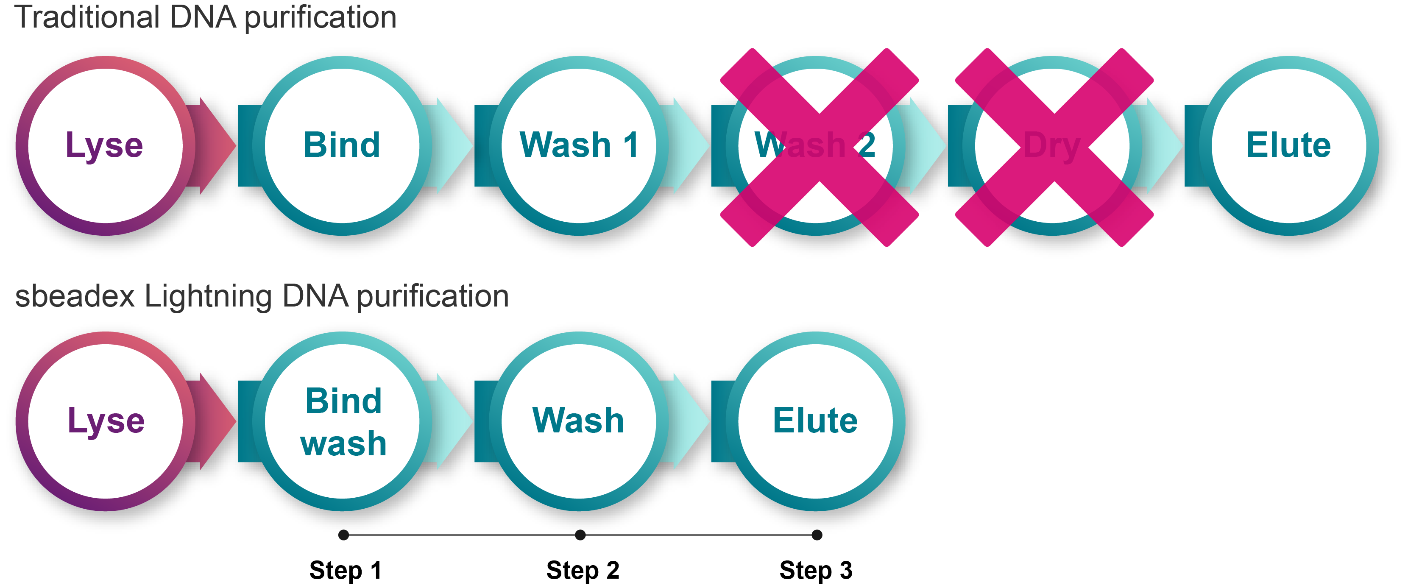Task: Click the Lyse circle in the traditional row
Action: pyautogui.click(x=105, y=146)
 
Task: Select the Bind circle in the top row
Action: pyautogui.click(x=342, y=146)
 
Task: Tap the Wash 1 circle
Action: pyautogui.click(x=579, y=146)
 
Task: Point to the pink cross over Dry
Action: pyautogui.click(x=1054, y=148)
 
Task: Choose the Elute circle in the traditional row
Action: pyautogui.click(x=1289, y=146)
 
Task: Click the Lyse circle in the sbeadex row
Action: pyautogui.click(x=105, y=421)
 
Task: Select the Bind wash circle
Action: pyautogui.click(x=342, y=421)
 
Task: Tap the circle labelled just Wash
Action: pyautogui.click(x=579, y=421)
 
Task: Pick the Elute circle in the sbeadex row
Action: pyautogui.click(x=815, y=421)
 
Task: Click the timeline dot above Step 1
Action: pyautogui.click(x=343, y=535)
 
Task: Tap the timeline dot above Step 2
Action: pyautogui.click(x=580, y=535)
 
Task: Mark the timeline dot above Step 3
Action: pyautogui.click(x=817, y=535)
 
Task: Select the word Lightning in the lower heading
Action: pyautogui.click(x=208, y=297)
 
